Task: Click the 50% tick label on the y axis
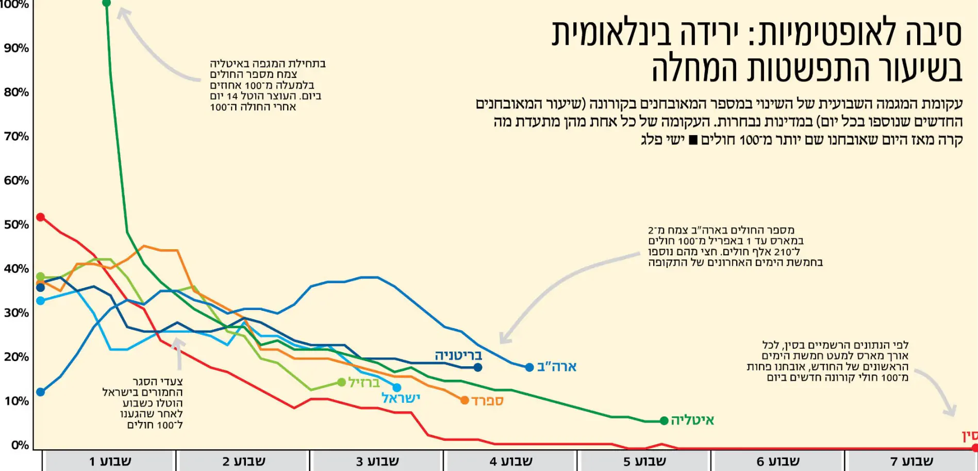[16, 225]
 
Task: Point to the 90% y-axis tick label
[16, 48]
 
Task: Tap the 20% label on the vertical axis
[16, 357]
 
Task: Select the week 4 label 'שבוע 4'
[510, 461]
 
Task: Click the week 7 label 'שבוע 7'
[911, 461]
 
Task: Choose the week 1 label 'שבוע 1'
[110, 461]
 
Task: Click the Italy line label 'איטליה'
[692, 420]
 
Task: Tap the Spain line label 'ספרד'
[487, 401]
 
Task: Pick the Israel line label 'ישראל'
[401, 398]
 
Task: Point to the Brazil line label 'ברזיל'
[364, 383]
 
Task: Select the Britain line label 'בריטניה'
[458, 355]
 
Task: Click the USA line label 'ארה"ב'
[557, 367]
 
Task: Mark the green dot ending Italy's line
[664, 421]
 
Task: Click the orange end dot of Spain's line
[465, 400]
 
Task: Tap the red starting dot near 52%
[40, 217]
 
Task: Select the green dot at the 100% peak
[107, 4]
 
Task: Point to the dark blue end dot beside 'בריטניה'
[478, 367]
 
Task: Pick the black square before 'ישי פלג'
[693, 140]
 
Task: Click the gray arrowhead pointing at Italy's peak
[123, 12]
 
